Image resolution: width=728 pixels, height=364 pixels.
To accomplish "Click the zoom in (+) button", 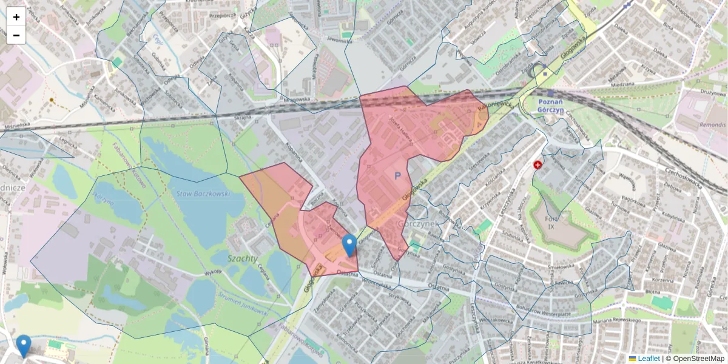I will click(x=16, y=17).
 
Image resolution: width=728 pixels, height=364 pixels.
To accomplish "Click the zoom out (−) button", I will click(x=16, y=35).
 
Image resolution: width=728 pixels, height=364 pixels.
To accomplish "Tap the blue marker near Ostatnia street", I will click(x=349, y=245).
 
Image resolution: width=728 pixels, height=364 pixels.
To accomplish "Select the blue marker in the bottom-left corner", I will click(x=24, y=346).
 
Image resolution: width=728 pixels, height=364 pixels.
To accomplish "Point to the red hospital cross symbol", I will click(x=538, y=165).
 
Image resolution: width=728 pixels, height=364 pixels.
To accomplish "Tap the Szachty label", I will click(x=242, y=258).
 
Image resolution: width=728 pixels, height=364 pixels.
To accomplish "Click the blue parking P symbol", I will click(x=398, y=176).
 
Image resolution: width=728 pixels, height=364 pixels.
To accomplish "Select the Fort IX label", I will click(x=551, y=222).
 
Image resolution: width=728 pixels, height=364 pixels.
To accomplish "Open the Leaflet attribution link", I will click(x=648, y=359).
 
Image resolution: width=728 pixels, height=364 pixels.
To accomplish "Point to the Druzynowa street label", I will click(x=712, y=93).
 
